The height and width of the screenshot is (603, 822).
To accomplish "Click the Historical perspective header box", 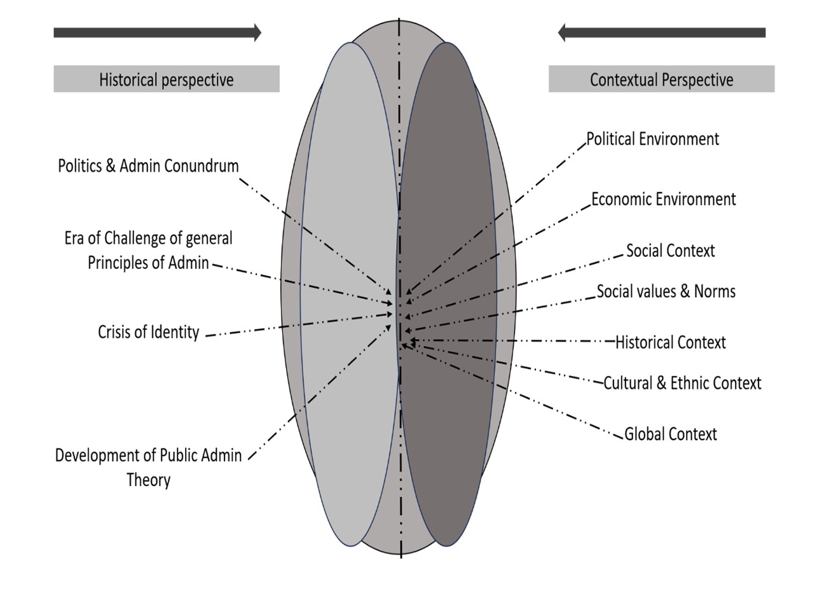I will pyautogui.click(x=166, y=80).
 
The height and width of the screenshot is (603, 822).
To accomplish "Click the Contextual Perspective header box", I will pyautogui.click(x=661, y=80).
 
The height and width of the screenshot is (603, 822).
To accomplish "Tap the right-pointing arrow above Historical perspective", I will pyautogui.click(x=157, y=32).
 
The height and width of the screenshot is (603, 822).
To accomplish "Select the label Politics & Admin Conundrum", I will pyautogui.click(x=148, y=166).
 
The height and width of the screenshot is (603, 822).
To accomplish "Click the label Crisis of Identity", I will pyautogui.click(x=148, y=332).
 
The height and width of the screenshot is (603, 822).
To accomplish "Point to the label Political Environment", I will pyautogui.click(x=652, y=139).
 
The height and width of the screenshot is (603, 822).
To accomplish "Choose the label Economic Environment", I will pyautogui.click(x=663, y=199).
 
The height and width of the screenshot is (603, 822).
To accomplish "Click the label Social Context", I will pyautogui.click(x=670, y=251).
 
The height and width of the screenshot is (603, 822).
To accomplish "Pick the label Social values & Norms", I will pyautogui.click(x=666, y=291).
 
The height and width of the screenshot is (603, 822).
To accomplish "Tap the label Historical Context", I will pyautogui.click(x=670, y=343).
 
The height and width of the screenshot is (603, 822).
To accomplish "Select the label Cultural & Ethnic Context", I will pyautogui.click(x=682, y=383).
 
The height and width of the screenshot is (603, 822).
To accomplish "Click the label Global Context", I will pyautogui.click(x=670, y=434).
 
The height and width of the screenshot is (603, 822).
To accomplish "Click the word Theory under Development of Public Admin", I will pyautogui.click(x=148, y=480).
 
